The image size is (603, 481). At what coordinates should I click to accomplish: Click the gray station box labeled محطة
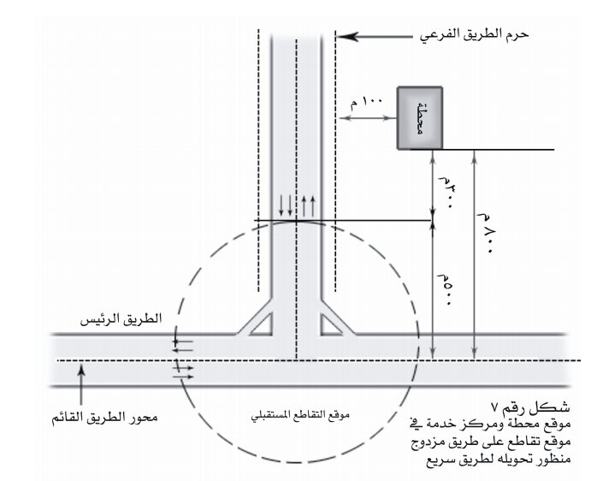coord(420,118)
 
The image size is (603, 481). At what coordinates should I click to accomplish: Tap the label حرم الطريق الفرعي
coord(474,35)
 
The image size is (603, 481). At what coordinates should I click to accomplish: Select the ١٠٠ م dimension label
coord(366,103)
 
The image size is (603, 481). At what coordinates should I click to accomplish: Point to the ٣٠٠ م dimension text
coord(446,193)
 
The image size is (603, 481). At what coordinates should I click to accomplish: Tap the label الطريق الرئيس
coord(121,319)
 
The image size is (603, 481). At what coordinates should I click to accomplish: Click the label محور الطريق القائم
coord(104,418)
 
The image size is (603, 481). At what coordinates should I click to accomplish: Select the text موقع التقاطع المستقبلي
coord(300,416)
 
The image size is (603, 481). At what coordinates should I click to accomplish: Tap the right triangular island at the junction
coord(331,324)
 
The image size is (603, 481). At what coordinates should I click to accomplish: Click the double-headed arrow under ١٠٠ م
coord(368,118)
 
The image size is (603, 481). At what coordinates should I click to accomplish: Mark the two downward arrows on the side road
coord(286,205)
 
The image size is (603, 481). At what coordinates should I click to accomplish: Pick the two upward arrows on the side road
coord(308,206)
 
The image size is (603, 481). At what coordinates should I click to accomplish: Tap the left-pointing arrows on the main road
coord(182,346)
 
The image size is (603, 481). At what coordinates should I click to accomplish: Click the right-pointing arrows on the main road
coord(183,372)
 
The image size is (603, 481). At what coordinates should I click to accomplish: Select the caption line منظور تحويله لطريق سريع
coord(499,460)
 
